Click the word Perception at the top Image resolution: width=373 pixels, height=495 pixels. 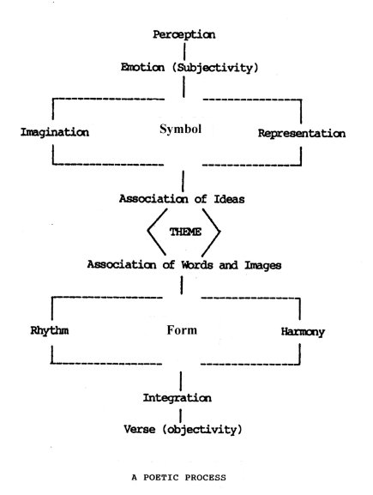point(184,34)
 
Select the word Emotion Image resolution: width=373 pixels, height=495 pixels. point(142,67)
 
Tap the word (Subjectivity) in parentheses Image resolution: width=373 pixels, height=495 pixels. point(215,68)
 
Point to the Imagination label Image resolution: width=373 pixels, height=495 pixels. point(55,133)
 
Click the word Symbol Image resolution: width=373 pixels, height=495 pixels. point(181,130)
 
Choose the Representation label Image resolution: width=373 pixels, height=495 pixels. point(302,134)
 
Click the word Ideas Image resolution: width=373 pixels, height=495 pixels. point(230,199)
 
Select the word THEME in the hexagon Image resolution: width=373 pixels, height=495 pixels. point(185,232)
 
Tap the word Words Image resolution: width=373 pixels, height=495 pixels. point(197,264)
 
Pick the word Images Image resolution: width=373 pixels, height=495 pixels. point(263,265)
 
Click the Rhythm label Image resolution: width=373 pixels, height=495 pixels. point(50,331)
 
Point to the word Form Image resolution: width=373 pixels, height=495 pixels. point(182,330)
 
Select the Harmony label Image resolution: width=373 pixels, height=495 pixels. point(303,332)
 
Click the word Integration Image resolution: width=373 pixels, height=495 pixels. point(177,398)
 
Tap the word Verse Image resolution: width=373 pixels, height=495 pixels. point(140,429)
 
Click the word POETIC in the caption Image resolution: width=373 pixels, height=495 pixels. point(161,477)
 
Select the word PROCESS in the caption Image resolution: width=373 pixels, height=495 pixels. point(206,477)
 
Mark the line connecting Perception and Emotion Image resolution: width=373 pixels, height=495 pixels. point(184,51)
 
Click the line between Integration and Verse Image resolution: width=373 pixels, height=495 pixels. point(181,415)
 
